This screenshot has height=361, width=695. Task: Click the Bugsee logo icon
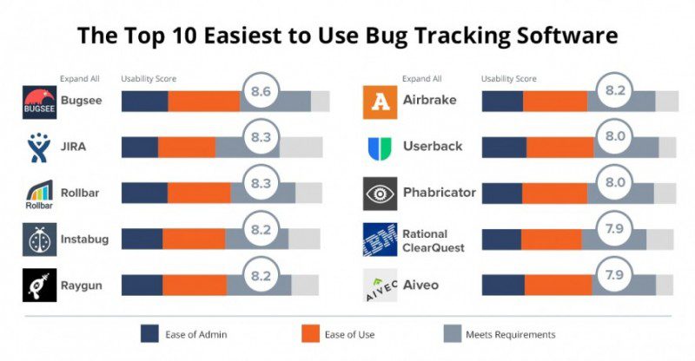click(x=39, y=101)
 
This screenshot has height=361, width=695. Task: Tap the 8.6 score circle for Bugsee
click(x=261, y=89)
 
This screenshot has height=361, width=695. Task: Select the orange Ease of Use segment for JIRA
click(x=186, y=146)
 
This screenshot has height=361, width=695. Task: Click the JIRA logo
click(x=39, y=147)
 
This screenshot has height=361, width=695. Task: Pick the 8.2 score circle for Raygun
click(x=261, y=274)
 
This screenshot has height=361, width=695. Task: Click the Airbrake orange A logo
click(x=379, y=101)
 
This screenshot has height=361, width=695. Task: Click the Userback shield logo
click(x=379, y=147)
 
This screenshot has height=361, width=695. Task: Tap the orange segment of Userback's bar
click(x=559, y=146)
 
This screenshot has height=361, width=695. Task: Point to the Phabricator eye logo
click(x=379, y=193)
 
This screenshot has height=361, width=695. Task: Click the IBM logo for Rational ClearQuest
click(x=379, y=239)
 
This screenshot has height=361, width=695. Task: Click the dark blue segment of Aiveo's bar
click(x=502, y=285)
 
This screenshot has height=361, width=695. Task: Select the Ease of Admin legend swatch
click(x=150, y=334)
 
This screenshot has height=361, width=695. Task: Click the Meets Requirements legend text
click(x=511, y=334)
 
